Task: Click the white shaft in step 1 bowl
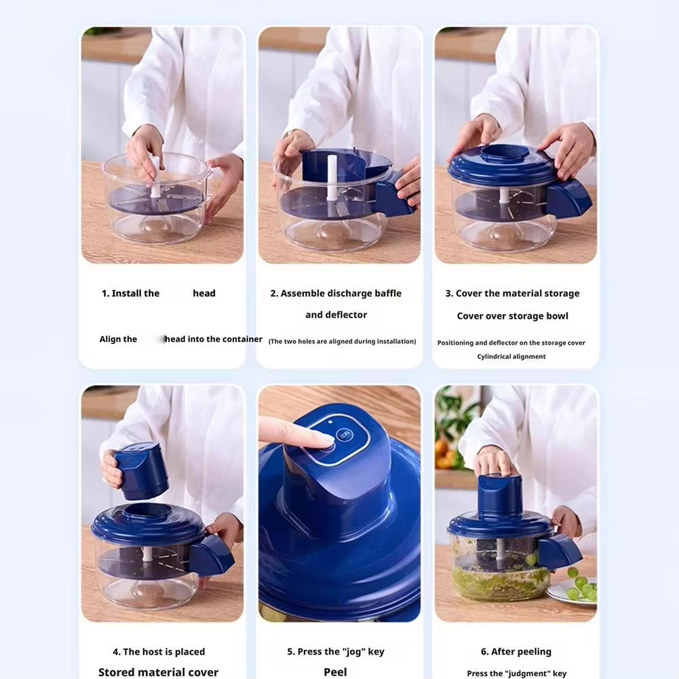point(155,178)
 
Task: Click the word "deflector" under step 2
point(346,315)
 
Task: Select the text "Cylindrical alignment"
point(511,357)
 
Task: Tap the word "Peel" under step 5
point(335,672)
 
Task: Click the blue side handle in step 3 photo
point(568,198)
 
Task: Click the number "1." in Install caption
point(105,294)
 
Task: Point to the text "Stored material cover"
point(158,672)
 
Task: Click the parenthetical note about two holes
point(342,341)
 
